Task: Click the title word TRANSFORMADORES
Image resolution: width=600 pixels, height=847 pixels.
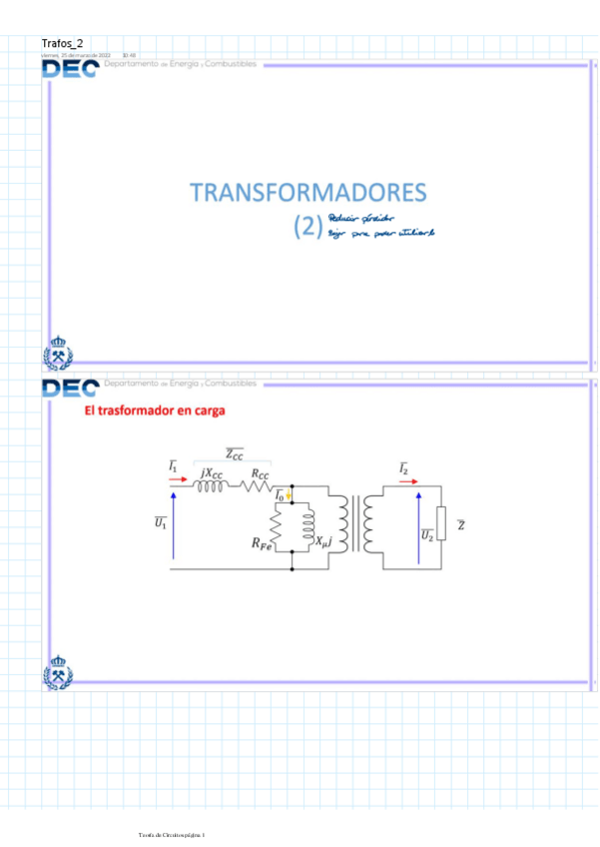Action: (x=307, y=193)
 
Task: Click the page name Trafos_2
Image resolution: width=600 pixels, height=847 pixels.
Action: (x=62, y=44)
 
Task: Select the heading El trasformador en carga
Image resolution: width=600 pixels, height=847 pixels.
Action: (x=154, y=411)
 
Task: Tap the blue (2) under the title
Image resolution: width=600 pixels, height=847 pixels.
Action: (x=305, y=228)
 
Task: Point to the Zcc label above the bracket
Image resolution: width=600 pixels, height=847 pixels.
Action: (x=234, y=454)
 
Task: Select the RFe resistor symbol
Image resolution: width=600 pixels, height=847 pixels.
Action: (x=279, y=527)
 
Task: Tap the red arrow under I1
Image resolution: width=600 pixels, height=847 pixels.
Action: (x=177, y=479)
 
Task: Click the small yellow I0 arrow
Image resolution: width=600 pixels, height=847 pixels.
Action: (x=290, y=493)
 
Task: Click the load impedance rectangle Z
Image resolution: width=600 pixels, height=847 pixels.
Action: (x=442, y=526)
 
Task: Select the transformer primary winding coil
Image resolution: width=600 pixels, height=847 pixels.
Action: (x=344, y=526)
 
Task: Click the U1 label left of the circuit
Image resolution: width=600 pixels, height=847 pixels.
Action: (x=160, y=523)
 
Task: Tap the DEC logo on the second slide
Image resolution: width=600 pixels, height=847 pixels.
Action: (x=69, y=388)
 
